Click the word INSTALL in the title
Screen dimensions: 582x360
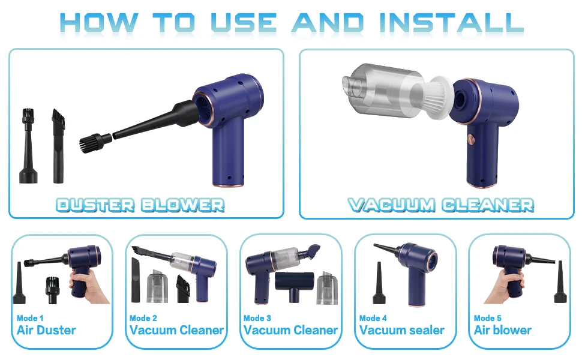pyautogui.click(x=451, y=23)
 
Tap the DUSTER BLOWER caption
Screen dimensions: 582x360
pyautogui.click(x=140, y=205)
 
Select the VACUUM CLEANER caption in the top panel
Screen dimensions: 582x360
pyautogui.click(x=441, y=205)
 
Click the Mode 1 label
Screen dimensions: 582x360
pyautogui.click(x=30, y=318)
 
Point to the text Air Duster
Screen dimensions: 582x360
pyautogui.click(x=46, y=330)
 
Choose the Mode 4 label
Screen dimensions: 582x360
pyautogui.click(x=373, y=318)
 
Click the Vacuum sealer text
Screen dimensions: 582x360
pyautogui.click(x=401, y=330)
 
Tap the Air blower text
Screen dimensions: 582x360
pyautogui.click(x=503, y=330)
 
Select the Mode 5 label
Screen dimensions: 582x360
pyautogui.click(x=488, y=318)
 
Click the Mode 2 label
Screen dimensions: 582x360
pyautogui.click(x=143, y=318)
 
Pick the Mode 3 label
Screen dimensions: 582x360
pyautogui.click(x=257, y=318)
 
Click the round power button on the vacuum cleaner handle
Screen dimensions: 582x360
pyautogui.click(x=471, y=139)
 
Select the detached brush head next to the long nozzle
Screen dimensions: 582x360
pyautogui.click(x=95, y=142)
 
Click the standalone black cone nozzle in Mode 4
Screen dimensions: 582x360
pyautogui.click(x=379, y=283)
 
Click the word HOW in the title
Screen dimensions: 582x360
pyautogui.click(x=99, y=23)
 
